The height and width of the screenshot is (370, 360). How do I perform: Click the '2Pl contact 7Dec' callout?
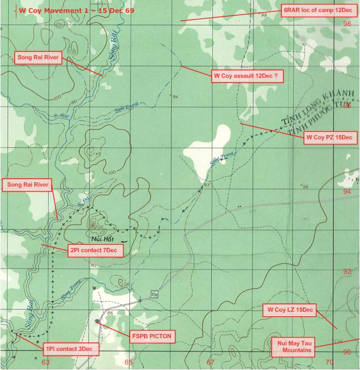tap(96, 250)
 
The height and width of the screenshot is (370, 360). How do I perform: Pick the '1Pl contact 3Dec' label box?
tap(72, 348)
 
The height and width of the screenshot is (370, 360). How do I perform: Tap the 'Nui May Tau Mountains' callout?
tap(293, 346)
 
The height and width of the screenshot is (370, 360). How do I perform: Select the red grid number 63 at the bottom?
tap(46, 362)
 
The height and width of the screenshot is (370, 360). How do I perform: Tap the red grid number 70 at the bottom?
tap(329, 362)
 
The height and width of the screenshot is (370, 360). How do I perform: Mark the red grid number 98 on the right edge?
tap(347, 23)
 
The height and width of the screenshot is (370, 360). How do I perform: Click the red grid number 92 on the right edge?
tap(347, 271)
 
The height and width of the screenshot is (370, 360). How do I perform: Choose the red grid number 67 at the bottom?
tap(210, 362)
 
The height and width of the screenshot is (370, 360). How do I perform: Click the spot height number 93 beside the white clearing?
tap(207, 185)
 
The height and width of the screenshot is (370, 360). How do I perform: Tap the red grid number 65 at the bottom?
tap(128, 362)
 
